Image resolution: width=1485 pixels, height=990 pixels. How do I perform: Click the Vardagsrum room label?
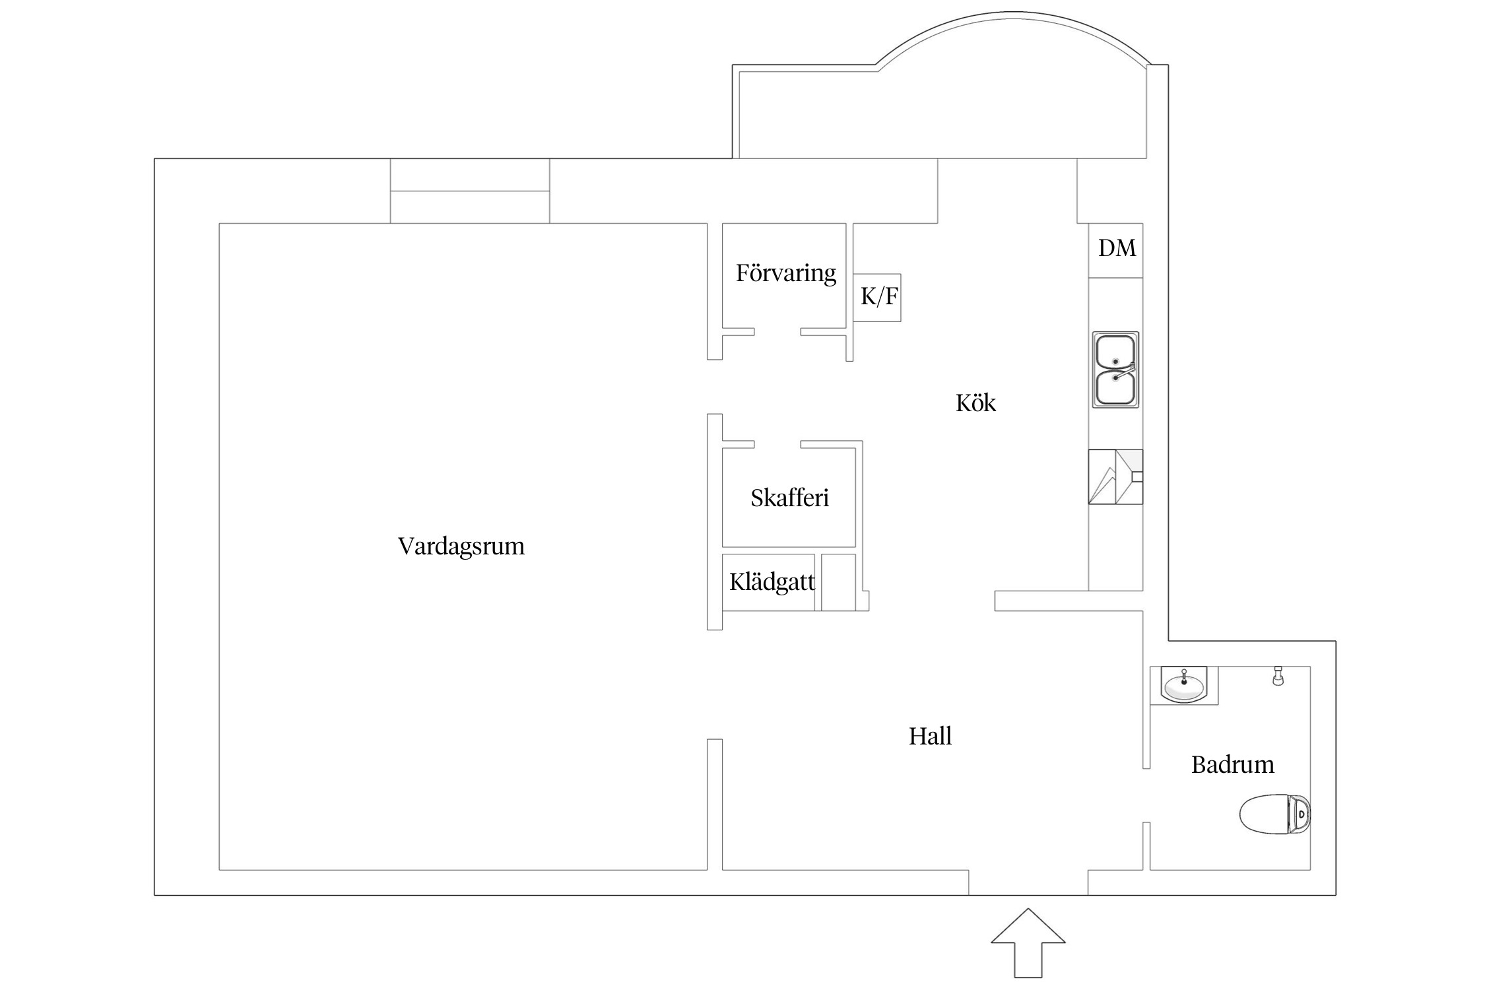(461, 547)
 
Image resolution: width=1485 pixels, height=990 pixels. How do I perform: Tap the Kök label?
(975, 403)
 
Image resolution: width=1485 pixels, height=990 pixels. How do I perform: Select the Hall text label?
(930, 736)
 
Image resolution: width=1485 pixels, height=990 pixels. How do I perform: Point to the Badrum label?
(1232, 764)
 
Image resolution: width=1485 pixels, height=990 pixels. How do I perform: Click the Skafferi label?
(789, 498)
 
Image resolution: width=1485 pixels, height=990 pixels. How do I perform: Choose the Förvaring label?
(785, 273)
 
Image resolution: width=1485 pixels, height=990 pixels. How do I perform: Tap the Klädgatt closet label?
(772, 582)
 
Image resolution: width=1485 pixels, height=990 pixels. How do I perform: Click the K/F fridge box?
(877, 298)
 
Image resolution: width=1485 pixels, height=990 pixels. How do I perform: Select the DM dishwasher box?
(1116, 250)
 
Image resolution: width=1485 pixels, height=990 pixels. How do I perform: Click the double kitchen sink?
(1115, 370)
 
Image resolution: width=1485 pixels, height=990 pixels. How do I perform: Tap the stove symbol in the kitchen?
(1115, 477)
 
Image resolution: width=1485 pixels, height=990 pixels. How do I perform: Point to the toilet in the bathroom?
(1274, 814)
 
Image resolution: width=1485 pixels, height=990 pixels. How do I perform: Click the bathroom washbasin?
(1183, 685)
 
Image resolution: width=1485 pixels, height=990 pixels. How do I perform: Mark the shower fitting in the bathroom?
(1278, 676)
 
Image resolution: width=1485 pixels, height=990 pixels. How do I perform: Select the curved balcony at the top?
(1014, 14)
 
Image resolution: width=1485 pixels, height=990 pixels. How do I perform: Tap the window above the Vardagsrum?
(470, 191)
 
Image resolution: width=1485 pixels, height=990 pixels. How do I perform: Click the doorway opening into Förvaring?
(777, 332)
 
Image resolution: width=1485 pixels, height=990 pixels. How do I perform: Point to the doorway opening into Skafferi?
(777, 444)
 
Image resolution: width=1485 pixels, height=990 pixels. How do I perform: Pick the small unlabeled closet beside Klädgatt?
(838, 582)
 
